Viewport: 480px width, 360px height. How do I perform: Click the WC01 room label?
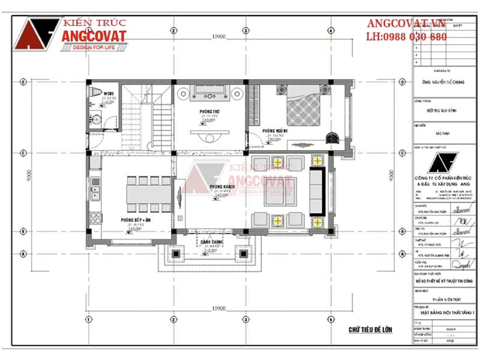(x=109, y=94)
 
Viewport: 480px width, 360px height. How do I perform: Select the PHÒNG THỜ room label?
(x=209, y=112)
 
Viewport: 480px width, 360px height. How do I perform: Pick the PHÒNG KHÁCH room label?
(x=220, y=188)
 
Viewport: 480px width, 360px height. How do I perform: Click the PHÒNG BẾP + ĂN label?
(x=134, y=220)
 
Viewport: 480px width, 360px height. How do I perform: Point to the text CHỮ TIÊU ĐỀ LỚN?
(x=371, y=330)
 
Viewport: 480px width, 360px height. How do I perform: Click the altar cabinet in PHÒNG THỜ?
(x=209, y=92)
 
